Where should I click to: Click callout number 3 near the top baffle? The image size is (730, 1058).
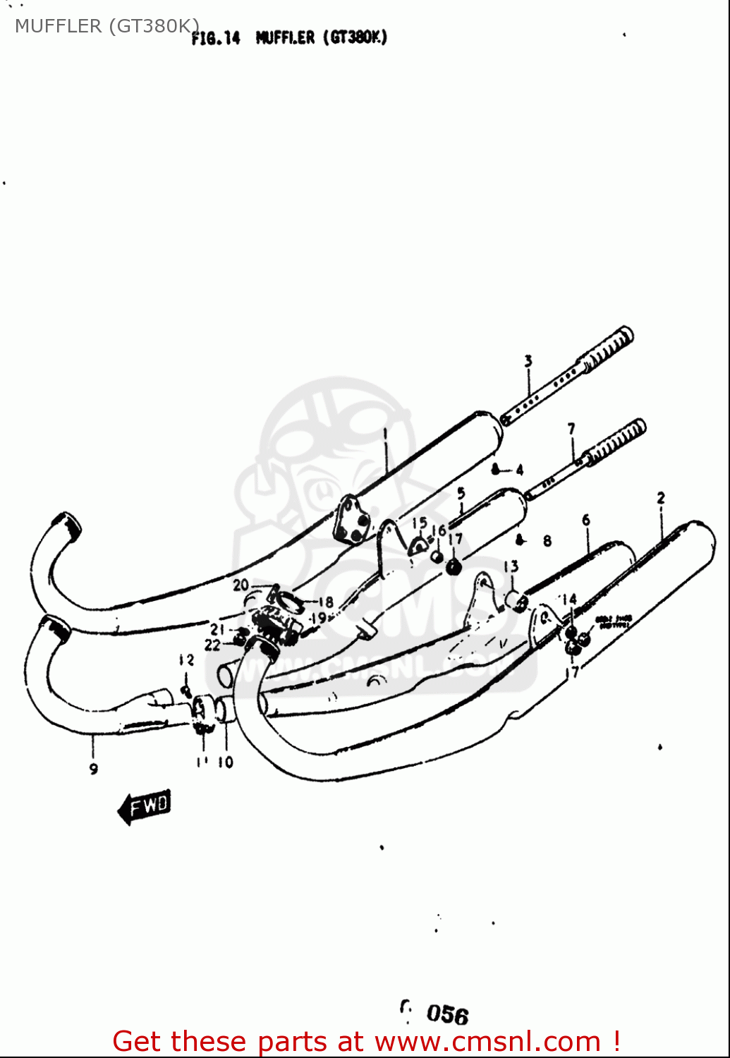pyautogui.click(x=528, y=361)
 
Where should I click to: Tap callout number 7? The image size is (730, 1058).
pyautogui.click(x=571, y=428)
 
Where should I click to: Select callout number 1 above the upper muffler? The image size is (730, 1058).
pyautogui.click(x=385, y=434)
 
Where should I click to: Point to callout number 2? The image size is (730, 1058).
pyautogui.click(x=661, y=498)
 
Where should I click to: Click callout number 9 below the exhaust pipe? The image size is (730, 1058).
pyautogui.click(x=94, y=769)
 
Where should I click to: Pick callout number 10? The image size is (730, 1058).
pyautogui.click(x=225, y=762)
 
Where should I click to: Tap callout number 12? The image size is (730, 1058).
pyautogui.click(x=185, y=660)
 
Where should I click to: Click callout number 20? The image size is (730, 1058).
pyautogui.click(x=241, y=585)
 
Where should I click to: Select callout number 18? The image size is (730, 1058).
pyautogui.click(x=325, y=602)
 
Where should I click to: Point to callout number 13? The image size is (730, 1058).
pyautogui.click(x=511, y=566)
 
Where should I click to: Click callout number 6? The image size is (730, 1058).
pyautogui.click(x=586, y=521)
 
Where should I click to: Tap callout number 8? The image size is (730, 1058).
pyautogui.click(x=547, y=542)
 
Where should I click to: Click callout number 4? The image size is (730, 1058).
pyautogui.click(x=520, y=470)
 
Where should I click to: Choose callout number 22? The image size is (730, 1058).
pyautogui.click(x=212, y=645)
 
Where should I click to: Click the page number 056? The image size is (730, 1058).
pyautogui.click(x=447, y=1014)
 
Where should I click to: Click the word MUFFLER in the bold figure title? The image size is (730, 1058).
pyautogui.click(x=285, y=37)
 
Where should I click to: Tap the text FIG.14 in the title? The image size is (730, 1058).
pyautogui.click(x=216, y=38)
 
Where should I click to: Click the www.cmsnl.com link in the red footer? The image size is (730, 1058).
pyautogui.click(x=487, y=1042)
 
